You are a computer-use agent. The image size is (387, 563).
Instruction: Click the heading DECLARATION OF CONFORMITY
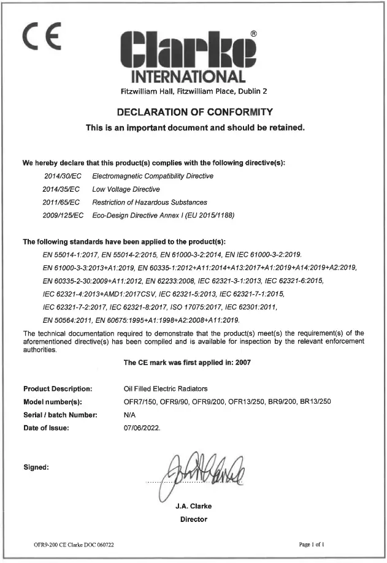click(193, 113)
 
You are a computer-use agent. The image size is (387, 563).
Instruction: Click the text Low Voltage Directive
click(126, 189)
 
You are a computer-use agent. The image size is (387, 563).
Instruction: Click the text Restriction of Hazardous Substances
click(149, 202)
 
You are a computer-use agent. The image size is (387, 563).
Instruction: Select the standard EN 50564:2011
click(69, 320)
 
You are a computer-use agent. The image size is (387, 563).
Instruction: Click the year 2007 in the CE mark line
click(239, 363)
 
